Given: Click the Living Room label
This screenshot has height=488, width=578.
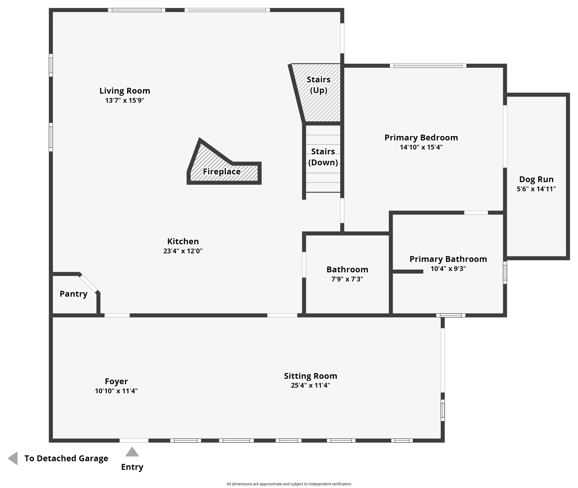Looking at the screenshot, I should (x=124, y=91).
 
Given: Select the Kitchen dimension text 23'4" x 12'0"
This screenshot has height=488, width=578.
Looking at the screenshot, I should (x=183, y=251).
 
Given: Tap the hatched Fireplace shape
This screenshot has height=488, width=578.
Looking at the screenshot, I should (x=222, y=172).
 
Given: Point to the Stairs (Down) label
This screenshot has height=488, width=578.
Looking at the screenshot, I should (x=323, y=157).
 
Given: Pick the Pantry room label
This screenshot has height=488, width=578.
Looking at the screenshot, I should (x=73, y=294).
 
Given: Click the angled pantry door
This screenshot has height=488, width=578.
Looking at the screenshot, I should (x=89, y=283).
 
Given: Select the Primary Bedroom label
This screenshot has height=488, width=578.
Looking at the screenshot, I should (x=421, y=138).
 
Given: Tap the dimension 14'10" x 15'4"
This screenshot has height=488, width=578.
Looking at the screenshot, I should (x=421, y=147).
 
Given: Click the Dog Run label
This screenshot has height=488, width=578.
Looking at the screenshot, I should (x=536, y=180).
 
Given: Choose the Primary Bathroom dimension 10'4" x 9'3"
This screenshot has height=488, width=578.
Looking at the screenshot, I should (x=448, y=269).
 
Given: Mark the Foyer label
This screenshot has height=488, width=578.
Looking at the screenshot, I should (x=116, y=381).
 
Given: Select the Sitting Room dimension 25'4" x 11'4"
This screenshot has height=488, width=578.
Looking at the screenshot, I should (x=310, y=385).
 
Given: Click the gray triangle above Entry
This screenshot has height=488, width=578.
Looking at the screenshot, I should (x=132, y=452).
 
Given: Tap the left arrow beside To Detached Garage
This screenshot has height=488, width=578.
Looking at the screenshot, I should (x=13, y=458).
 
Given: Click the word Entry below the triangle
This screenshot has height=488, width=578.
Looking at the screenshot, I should (x=132, y=467).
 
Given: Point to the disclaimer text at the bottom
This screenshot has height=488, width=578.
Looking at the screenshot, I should (x=289, y=484).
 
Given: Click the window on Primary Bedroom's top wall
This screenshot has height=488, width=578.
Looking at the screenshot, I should (x=428, y=66).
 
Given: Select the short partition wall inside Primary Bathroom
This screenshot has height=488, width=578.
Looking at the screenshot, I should (x=408, y=272).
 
